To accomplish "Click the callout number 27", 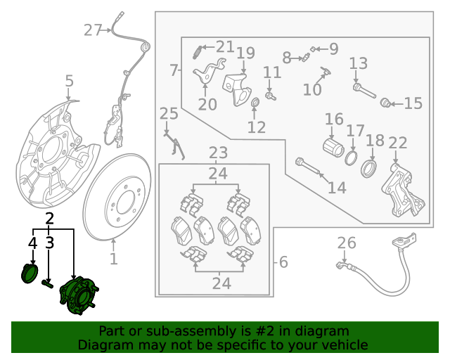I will (92, 30).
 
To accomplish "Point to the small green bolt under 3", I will (49, 283).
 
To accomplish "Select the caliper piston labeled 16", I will (331, 148).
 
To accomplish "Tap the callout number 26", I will (347, 243).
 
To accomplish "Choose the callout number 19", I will (245, 53).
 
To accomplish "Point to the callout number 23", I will (218, 153).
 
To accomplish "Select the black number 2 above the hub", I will (49, 218).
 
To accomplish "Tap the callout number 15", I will (413, 103).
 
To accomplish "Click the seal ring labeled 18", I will (368, 169).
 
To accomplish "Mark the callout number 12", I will (257, 127).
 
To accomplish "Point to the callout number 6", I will (283, 262).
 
